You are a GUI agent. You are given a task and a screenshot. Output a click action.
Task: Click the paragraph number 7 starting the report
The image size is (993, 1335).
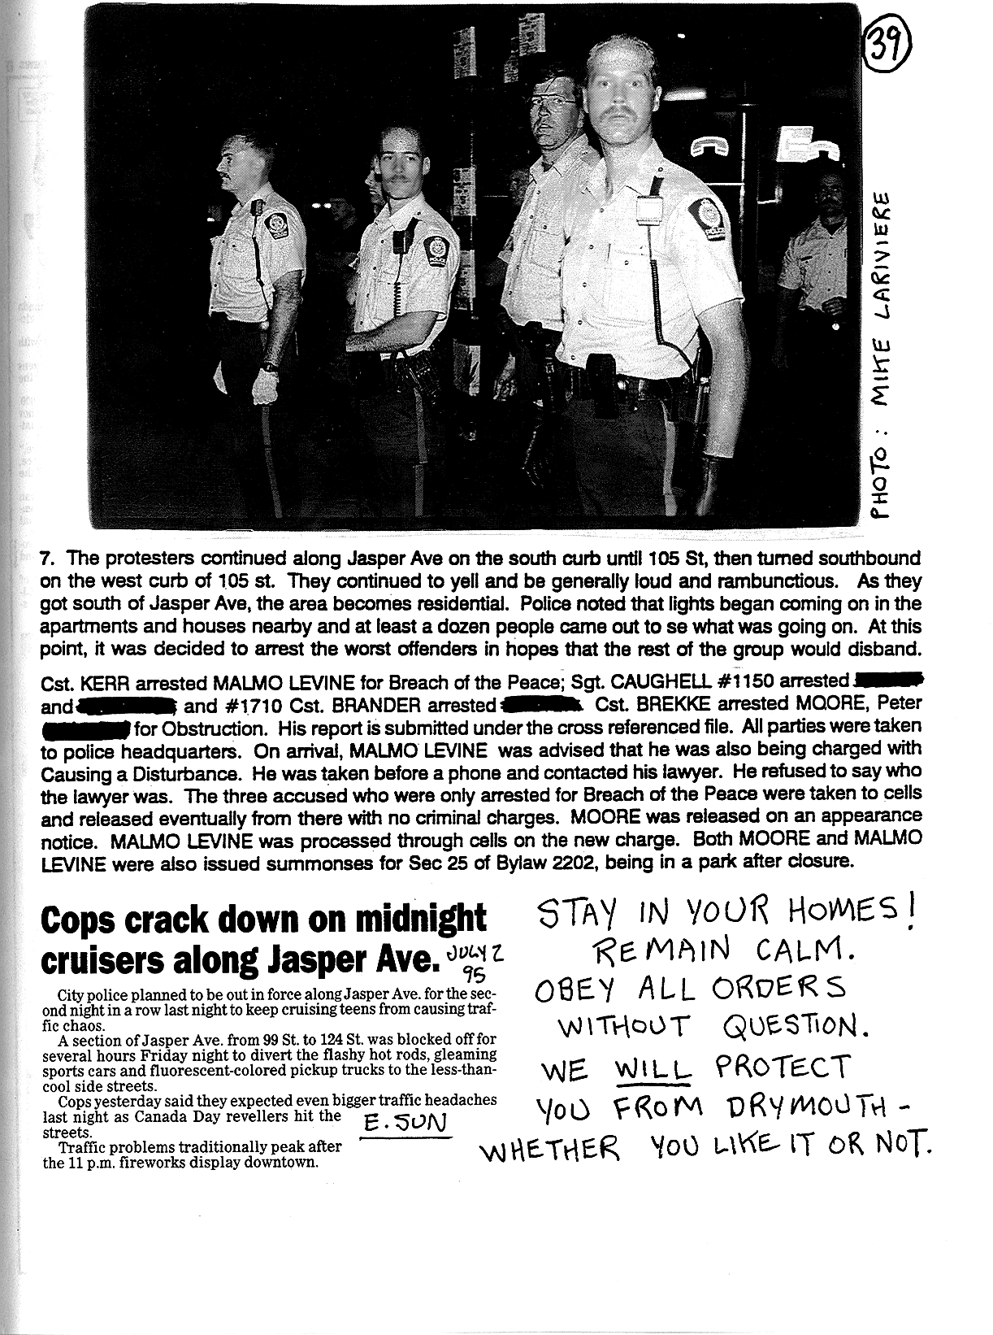tap(46, 559)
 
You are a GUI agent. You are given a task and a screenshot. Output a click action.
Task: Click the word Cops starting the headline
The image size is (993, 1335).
tap(85, 920)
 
